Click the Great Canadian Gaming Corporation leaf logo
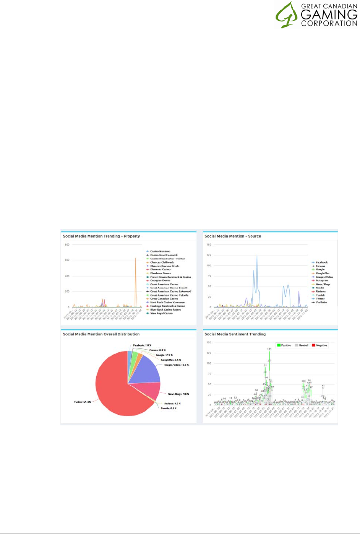pos(286,15)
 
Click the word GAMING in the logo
pos(329,15)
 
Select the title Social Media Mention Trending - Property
pos(101,236)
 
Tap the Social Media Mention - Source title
pos(233,236)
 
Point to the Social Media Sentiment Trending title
pos(235,334)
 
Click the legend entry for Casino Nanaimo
pos(160,251)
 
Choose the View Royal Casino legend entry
pos(161,313)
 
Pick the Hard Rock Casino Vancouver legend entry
pos(168,302)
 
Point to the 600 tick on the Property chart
pos(67,260)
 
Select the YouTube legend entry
pos(321,302)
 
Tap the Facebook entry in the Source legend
pos(322,262)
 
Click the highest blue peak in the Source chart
pos(257,257)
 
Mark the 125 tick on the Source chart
pos(209,255)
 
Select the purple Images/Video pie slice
pos(147,369)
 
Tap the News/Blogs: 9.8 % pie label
pos(178,394)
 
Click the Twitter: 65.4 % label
pos(82,402)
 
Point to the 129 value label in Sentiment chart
pos(269,349)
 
